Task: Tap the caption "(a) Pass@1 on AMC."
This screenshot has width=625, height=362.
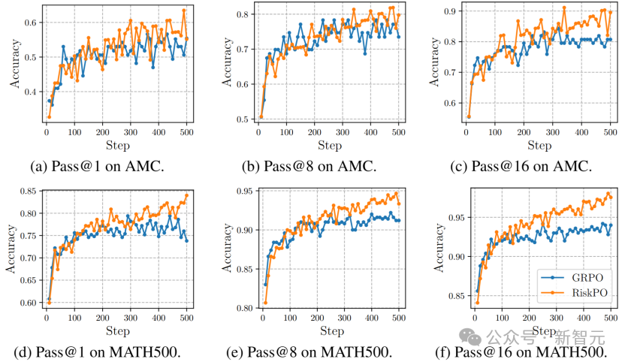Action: click(x=97, y=166)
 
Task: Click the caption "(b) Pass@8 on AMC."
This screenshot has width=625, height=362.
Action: click(x=309, y=166)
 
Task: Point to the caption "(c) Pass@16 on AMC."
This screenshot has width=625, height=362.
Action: click(x=521, y=166)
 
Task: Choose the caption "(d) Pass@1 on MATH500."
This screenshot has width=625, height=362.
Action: click(x=97, y=352)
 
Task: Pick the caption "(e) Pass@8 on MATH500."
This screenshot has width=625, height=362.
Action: click(x=309, y=352)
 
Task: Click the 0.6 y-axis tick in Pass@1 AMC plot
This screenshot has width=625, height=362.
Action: click(x=31, y=23)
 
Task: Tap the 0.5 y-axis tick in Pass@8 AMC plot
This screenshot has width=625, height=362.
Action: click(x=243, y=119)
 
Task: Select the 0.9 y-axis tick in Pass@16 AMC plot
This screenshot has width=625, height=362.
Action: click(x=451, y=11)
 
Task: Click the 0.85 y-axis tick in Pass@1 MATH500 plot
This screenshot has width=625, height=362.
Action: click(x=29, y=192)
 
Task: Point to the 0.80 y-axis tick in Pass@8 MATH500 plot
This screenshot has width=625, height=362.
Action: click(x=245, y=308)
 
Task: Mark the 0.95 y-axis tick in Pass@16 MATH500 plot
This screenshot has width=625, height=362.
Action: click(x=457, y=218)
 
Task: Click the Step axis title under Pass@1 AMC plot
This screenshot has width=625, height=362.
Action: click(x=118, y=146)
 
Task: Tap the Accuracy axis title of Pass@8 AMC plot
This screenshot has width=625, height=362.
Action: click(x=227, y=62)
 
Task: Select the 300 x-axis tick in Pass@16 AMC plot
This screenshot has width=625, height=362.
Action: click(x=553, y=132)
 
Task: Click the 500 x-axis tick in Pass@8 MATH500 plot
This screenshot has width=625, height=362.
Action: click(x=399, y=318)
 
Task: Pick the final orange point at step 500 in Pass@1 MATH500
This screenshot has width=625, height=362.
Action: click(x=186, y=195)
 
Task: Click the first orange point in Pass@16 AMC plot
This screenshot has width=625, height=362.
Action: click(x=469, y=117)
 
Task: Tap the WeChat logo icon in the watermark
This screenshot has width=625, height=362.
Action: click(x=470, y=337)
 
